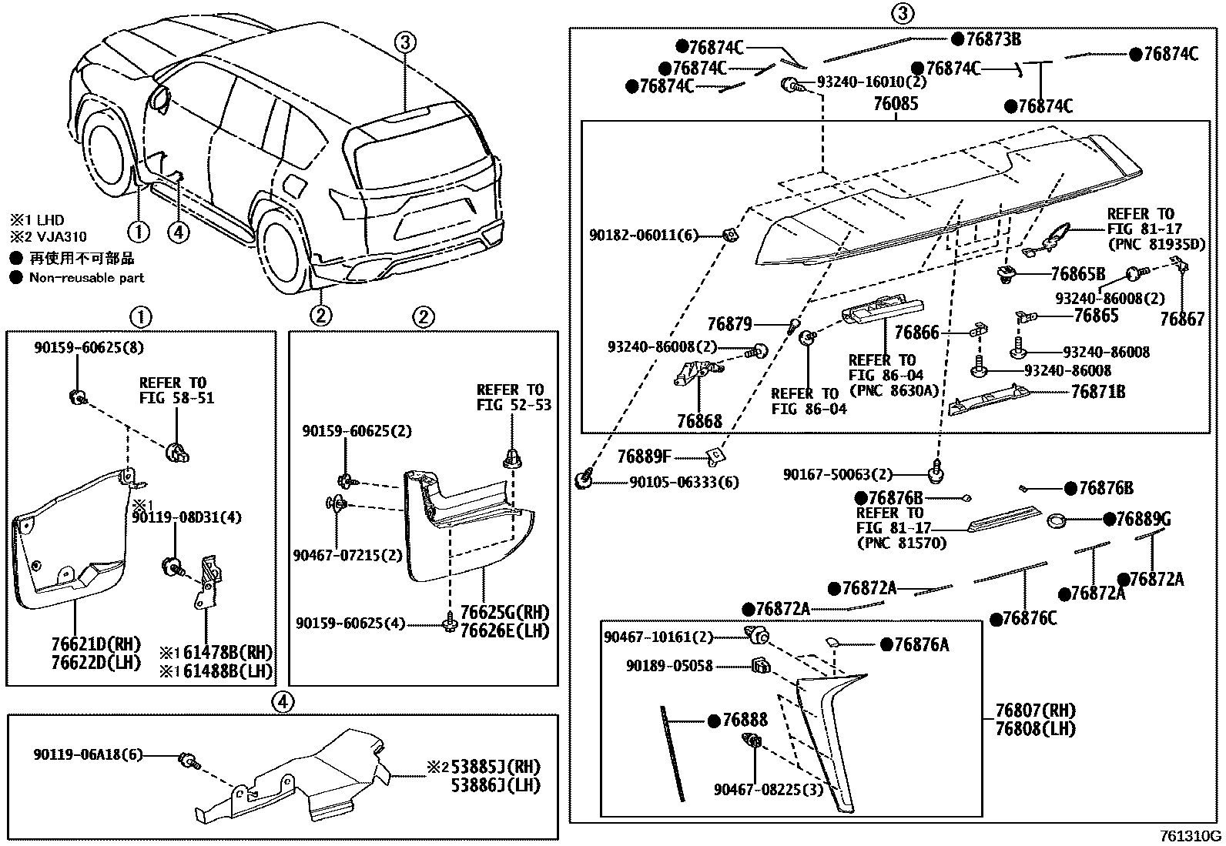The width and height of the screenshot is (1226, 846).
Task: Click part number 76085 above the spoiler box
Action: pyautogui.click(x=896, y=104)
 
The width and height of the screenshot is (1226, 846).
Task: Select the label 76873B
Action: pyautogui.click(x=993, y=39)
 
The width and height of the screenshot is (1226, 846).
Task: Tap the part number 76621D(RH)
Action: pyautogui.click(x=97, y=644)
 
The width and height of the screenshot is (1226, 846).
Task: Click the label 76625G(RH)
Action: pyautogui.click(x=504, y=613)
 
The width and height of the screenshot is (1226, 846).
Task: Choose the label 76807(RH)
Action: pyautogui.click(x=1034, y=711)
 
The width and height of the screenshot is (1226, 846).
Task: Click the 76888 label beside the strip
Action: pyautogui.click(x=745, y=721)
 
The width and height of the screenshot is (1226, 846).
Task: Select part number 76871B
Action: pyautogui.click(x=1097, y=392)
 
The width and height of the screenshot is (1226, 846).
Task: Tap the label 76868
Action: pyautogui.click(x=699, y=421)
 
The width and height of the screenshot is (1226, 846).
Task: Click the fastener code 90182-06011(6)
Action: pyautogui.click(x=644, y=236)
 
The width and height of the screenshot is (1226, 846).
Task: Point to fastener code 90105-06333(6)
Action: pyautogui.click(x=684, y=482)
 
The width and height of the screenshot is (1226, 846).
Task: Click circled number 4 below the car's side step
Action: pyautogui.click(x=177, y=231)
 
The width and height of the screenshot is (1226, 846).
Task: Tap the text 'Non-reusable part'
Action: pyautogui.click(x=86, y=278)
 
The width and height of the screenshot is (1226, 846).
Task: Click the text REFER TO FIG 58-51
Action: pyautogui.click(x=176, y=390)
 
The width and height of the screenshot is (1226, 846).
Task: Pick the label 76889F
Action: pyautogui.click(x=644, y=457)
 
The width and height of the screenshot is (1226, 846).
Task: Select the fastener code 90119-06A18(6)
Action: pyautogui.click(x=88, y=754)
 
